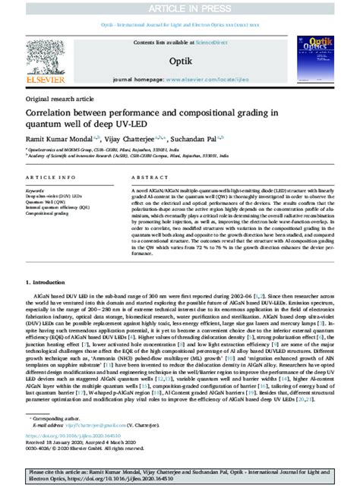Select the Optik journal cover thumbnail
(311, 58)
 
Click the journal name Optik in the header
(179, 59)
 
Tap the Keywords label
(36, 190)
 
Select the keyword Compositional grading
(48, 214)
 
